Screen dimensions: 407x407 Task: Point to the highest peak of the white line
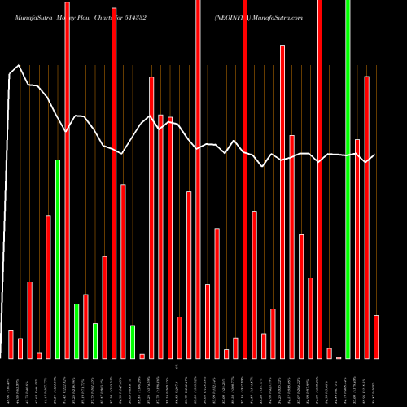[x=20, y=66]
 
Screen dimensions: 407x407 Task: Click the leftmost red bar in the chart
[x=11, y=344]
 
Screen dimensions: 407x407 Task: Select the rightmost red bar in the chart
[x=376, y=336]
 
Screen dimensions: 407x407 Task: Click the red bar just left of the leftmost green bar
[x=48, y=287]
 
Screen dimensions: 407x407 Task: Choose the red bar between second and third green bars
[x=85, y=326]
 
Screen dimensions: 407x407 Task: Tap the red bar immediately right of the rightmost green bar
[x=357, y=248]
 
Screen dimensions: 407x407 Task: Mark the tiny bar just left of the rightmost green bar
[x=339, y=357]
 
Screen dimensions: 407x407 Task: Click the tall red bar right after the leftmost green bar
[x=67, y=179]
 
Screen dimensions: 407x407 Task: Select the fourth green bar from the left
[x=133, y=342]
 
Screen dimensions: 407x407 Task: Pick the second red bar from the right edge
[x=366, y=217]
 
